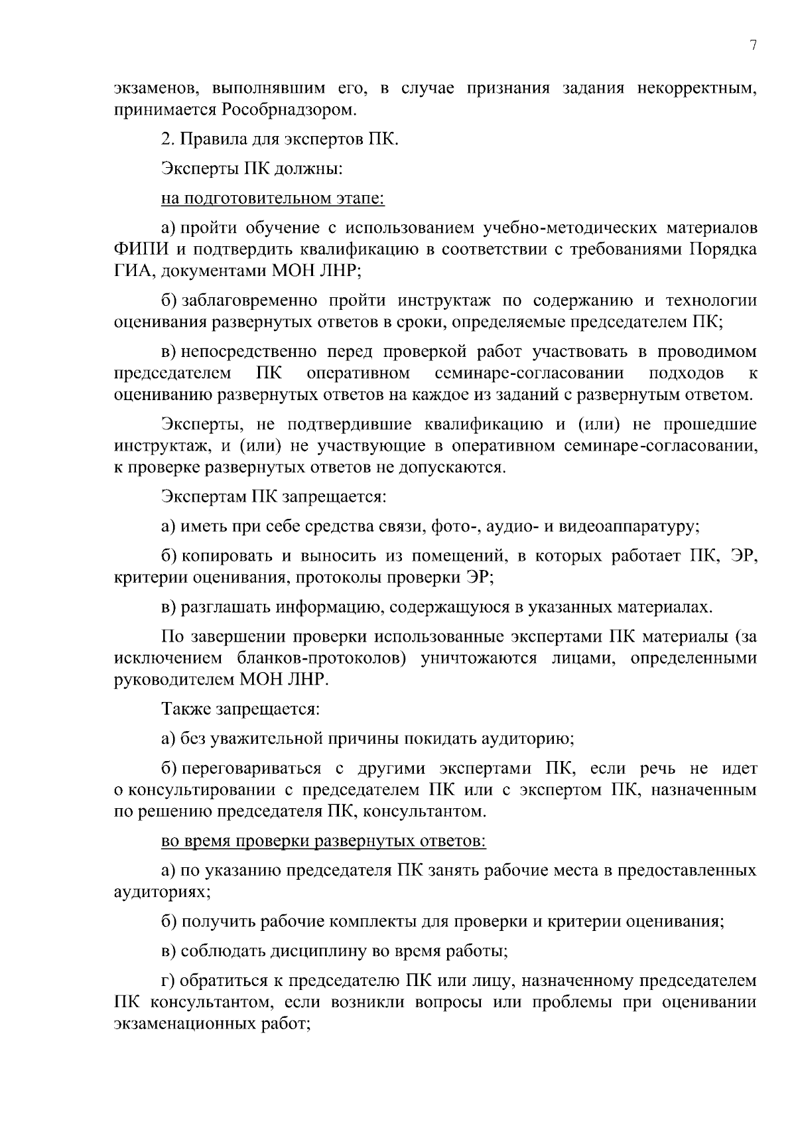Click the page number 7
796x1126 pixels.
tap(752, 46)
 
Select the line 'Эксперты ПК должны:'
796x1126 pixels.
tap(252, 169)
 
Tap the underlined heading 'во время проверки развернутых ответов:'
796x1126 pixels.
tap(324, 841)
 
